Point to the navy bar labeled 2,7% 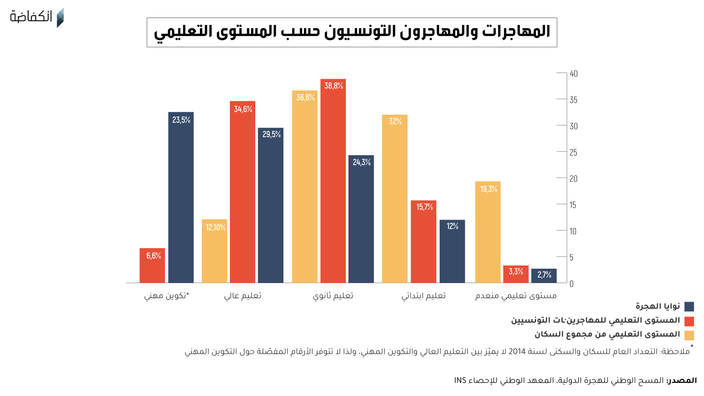click(x=544, y=276)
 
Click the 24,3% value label click(x=362, y=162)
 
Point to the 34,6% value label click(x=243, y=109)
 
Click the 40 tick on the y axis click(x=573, y=74)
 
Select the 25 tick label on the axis click(x=573, y=153)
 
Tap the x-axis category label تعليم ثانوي click(x=333, y=296)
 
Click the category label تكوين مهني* click(x=166, y=296)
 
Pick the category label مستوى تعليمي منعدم click(x=516, y=296)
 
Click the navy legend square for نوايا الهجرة click(x=689, y=307)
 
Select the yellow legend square click(x=689, y=335)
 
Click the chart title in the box click(x=352, y=32)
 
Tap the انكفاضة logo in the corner click(x=37, y=17)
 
